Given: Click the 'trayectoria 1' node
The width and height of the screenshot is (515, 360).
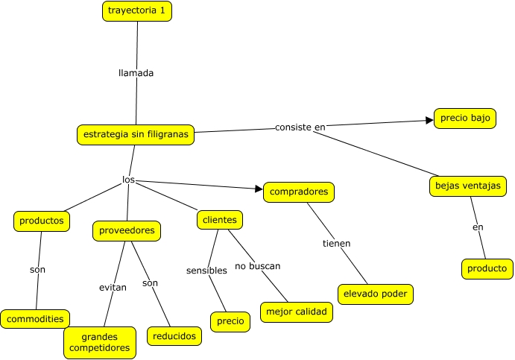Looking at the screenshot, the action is coord(137,11).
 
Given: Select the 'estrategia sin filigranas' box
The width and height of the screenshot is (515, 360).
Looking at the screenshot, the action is coord(136,135).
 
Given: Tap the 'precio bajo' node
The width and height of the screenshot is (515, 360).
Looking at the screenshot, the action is coord(465,119).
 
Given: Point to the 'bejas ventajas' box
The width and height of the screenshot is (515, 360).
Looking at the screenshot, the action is coord(468,186).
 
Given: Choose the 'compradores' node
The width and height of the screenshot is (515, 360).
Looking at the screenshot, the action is coord(299,192).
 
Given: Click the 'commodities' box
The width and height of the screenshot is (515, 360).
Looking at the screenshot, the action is coord(35,319).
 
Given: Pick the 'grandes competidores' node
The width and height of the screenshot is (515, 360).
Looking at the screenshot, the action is coord(100,343).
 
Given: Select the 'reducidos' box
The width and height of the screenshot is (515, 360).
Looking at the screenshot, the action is coord(174,336).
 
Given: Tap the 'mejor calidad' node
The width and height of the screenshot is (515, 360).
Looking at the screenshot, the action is coord(297,312).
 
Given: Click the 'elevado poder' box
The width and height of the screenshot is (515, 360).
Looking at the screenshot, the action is coord(376,294).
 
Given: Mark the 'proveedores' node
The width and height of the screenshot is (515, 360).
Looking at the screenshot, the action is coord(127,231).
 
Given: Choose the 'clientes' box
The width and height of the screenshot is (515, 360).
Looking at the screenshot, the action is coord(220,220).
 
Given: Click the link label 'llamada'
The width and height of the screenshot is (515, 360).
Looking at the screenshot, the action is coord(136,73).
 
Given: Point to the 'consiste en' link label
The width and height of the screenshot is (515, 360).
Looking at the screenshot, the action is coord(300,127).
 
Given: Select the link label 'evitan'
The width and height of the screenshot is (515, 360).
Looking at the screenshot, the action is coord(113,288).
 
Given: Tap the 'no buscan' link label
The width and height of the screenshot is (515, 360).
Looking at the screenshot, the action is coord(258,266).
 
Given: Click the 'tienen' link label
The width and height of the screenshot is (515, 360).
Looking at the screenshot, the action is coord(336,244).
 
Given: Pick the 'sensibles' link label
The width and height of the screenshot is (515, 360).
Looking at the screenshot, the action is coord(206,271).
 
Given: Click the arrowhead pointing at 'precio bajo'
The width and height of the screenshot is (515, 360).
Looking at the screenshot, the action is coord(430,120).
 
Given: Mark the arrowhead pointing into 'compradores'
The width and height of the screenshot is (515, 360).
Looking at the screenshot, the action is coord(259,189).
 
